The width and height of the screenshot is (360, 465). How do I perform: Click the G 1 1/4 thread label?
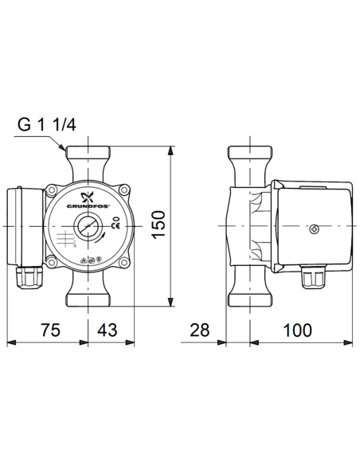point(50,126)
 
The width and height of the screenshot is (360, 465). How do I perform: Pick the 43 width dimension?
point(107,329)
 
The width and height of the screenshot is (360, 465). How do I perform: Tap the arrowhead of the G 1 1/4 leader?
point(67,150)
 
